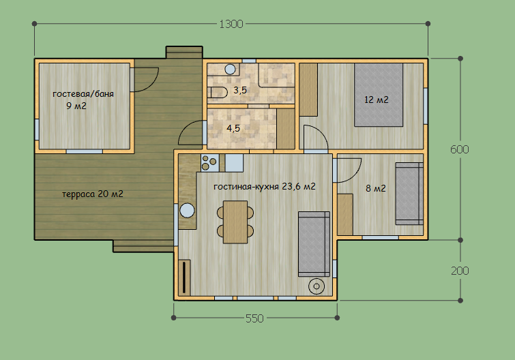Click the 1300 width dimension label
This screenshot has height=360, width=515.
click(231, 24)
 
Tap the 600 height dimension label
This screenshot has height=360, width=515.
click(460, 149)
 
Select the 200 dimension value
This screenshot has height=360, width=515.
click(460, 271)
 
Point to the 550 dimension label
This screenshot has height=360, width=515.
click(254, 318)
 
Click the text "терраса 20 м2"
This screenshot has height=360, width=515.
click(93, 194)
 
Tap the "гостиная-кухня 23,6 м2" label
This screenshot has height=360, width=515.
click(265, 186)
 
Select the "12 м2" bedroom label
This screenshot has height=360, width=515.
click(377, 100)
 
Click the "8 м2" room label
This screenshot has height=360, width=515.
click(376, 188)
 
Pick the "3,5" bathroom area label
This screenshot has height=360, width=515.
click(240, 90)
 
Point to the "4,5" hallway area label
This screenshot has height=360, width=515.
click(233, 128)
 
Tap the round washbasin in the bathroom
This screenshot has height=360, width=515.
click(230, 70)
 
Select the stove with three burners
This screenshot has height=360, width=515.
click(209, 163)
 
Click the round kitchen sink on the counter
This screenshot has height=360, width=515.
click(187, 211)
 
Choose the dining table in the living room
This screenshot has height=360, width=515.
click(235, 222)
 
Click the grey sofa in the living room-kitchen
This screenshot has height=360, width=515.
click(314, 244)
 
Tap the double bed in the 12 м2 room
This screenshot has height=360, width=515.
click(379, 95)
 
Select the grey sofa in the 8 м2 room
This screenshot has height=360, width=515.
click(409, 194)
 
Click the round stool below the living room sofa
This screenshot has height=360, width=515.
click(317, 286)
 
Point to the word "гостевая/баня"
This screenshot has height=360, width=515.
click(83, 94)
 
